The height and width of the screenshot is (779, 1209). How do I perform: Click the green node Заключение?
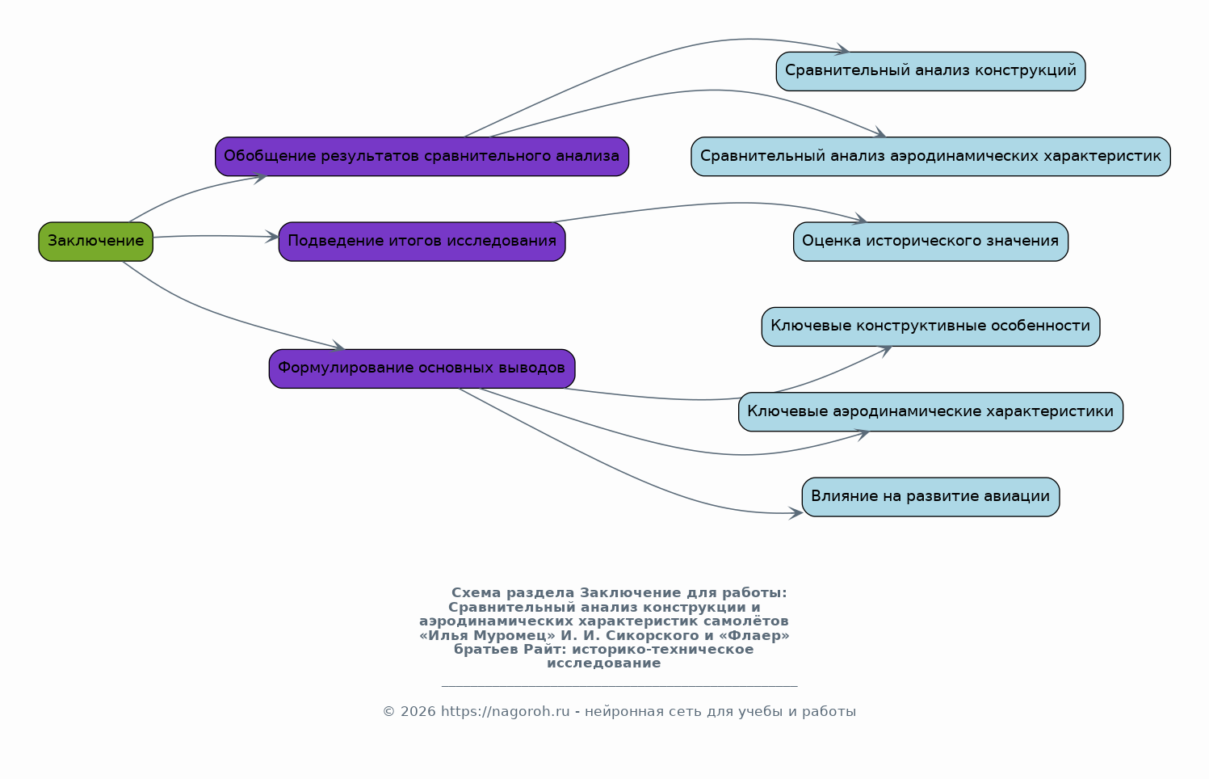tap(95, 242)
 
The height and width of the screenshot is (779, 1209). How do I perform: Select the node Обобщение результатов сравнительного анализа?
tap(422, 157)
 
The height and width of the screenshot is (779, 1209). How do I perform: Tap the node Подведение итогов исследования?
tap(422, 242)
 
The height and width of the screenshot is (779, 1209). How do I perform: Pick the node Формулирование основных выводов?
tap(422, 369)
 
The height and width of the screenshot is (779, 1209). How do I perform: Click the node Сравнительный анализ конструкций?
tap(930, 71)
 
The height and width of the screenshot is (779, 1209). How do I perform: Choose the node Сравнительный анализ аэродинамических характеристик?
tap(930, 157)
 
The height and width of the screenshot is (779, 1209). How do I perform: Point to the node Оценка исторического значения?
tap(930, 242)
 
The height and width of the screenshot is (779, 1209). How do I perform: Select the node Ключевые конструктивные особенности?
tap(930, 326)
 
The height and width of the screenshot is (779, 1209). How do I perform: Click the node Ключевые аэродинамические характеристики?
tap(930, 411)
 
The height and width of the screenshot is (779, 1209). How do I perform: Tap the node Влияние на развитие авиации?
tap(930, 497)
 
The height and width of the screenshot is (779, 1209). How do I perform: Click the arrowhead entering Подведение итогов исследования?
tap(272, 237)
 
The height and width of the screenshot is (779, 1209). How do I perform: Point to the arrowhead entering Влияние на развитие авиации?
tap(796, 513)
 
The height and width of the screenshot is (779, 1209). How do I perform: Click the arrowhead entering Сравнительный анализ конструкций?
tap(842, 50)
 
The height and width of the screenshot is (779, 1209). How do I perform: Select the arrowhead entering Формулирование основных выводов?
tap(338, 347)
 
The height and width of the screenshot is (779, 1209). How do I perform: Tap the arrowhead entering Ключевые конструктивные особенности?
tap(884, 352)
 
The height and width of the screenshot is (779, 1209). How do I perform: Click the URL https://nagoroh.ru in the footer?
tap(506, 711)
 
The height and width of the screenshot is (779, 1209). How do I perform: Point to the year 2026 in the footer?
tap(418, 711)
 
